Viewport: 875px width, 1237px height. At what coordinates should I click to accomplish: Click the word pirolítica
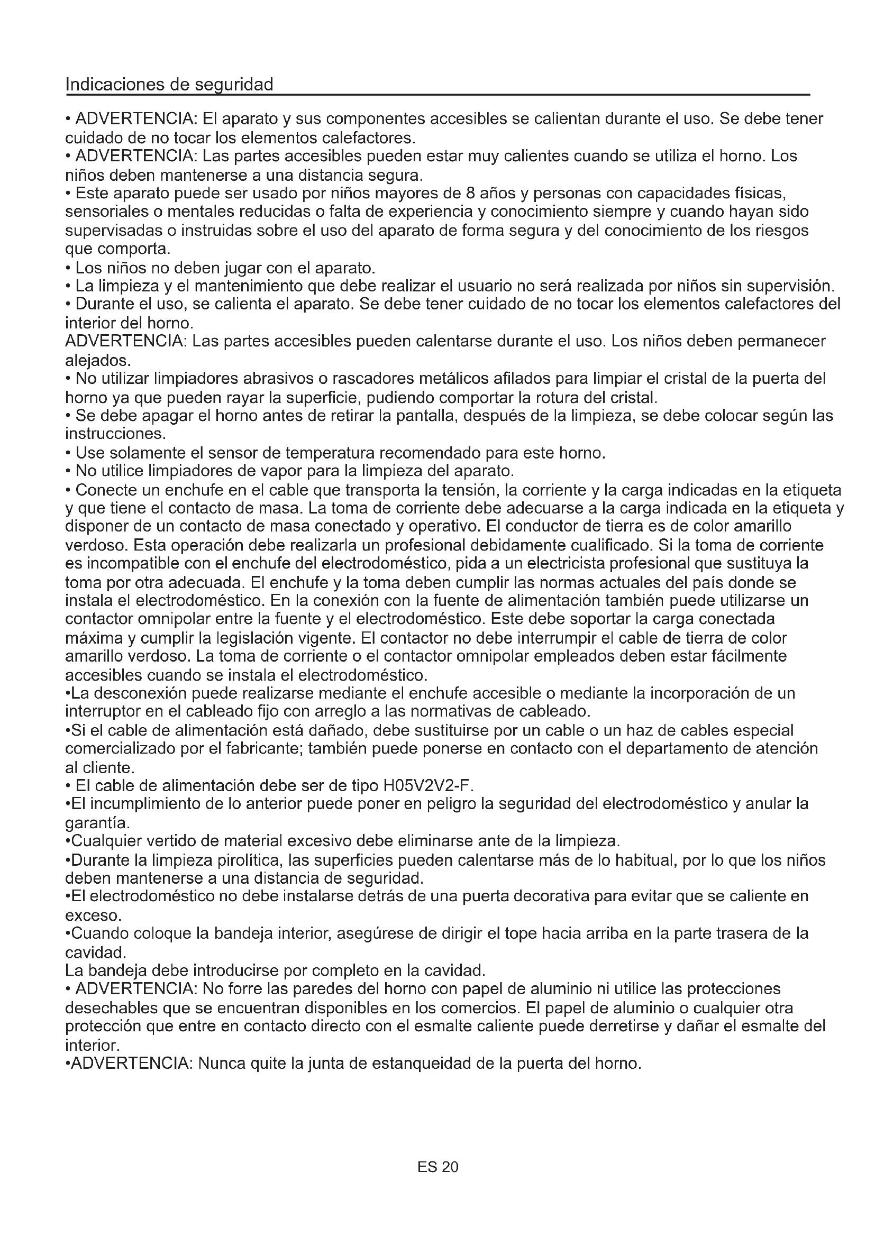[x=250, y=860]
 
